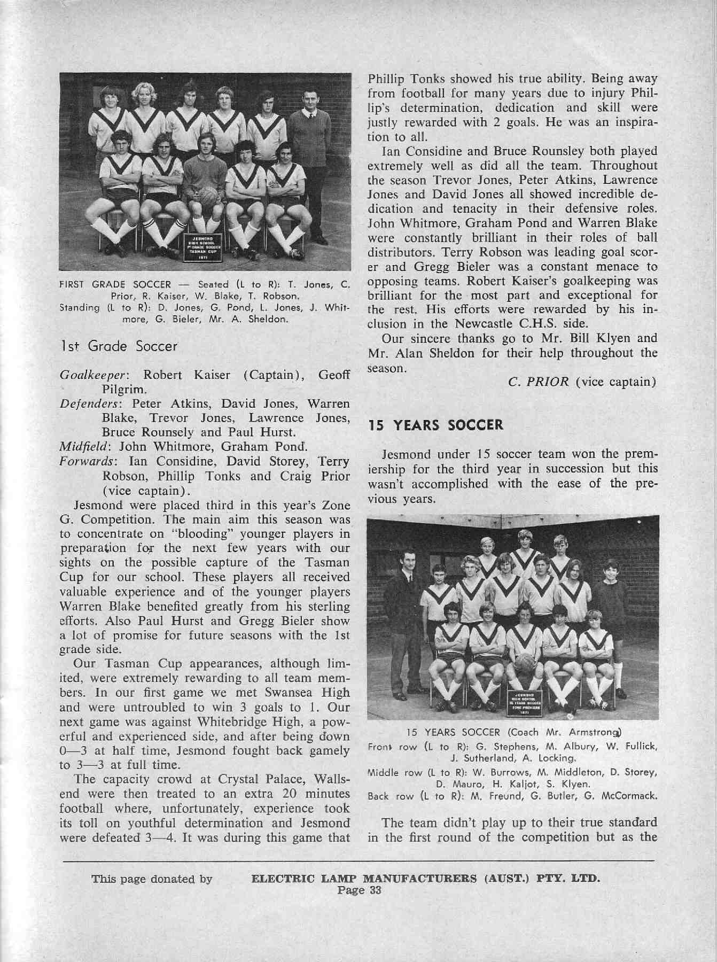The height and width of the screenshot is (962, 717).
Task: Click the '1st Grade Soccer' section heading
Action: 118,346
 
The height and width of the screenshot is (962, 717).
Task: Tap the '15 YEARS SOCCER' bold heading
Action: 435,425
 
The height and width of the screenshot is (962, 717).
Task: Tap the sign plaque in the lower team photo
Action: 526,702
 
